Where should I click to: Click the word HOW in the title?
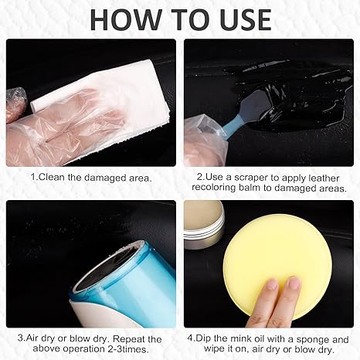pyautogui.click(x=125, y=20)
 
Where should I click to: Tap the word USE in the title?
pyautogui.click(x=246, y=20)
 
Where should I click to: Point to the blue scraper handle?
pyautogui.click(x=231, y=125)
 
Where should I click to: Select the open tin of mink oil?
pyautogui.click(x=203, y=225)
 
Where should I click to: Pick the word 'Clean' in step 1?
pyautogui.click(x=53, y=177)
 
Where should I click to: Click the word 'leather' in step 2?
pyautogui.click(x=324, y=178)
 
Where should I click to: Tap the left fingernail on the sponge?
pyautogui.click(x=271, y=284)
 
